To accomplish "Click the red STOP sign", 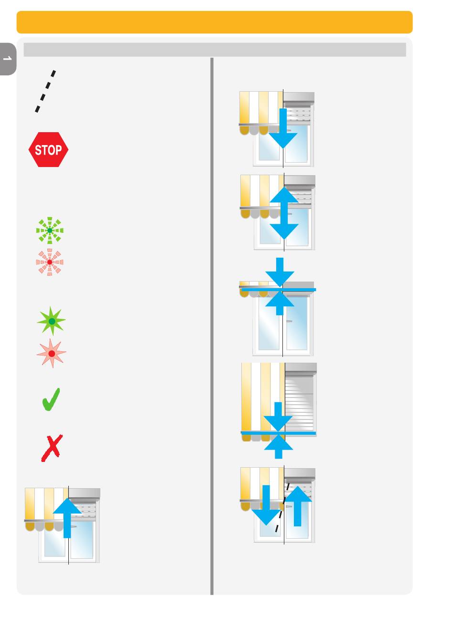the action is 48,150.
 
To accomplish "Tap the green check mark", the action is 51,400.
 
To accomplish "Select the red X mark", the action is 51,448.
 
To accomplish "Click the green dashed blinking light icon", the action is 50,230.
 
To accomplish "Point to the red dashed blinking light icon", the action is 50,262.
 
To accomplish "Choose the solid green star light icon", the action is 52,321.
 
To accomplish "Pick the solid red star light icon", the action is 51,354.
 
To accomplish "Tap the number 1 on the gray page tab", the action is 7,59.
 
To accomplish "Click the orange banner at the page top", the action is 215,22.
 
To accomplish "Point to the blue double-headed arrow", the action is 284,213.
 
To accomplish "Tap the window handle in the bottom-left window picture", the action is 73,526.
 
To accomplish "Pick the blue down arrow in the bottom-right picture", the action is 266,505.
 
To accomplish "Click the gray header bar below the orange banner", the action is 215,50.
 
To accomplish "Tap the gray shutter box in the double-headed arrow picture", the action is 300,181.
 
